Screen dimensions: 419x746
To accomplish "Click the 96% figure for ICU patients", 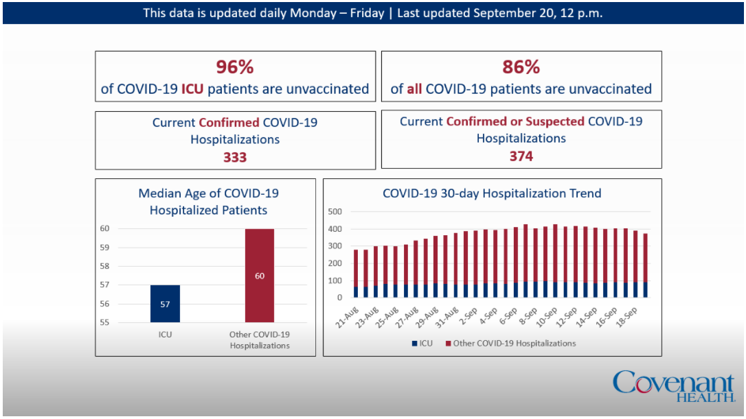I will click(235, 67).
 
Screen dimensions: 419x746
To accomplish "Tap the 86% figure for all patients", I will click(521, 67).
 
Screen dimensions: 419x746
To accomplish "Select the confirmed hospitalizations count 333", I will click(235, 157).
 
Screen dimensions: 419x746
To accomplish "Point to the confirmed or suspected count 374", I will click(521, 156).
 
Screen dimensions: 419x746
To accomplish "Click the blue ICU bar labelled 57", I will click(165, 304).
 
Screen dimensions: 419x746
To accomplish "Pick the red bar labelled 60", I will click(260, 276).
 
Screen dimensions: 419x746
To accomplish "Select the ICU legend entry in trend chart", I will click(422, 343).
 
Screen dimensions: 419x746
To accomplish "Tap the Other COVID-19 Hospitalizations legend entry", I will click(510, 343).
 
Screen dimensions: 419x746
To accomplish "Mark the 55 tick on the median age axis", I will click(105, 322).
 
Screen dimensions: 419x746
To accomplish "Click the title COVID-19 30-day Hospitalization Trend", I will click(492, 193).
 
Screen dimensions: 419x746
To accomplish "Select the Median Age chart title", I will click(208, 202).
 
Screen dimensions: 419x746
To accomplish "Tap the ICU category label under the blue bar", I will click(165, 335).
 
